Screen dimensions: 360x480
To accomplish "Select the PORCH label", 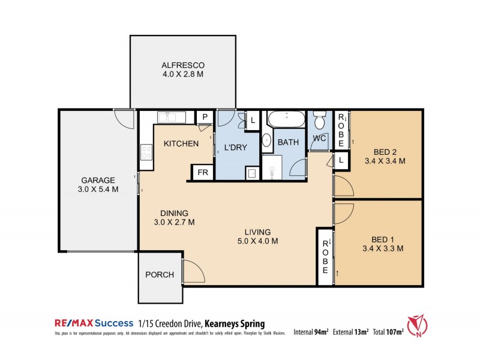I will coord(160,275).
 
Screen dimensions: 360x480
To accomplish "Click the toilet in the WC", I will coord(320,121).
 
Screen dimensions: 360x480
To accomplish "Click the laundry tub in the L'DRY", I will coord(252,173).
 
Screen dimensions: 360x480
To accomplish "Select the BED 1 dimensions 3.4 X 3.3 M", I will coord(382,248).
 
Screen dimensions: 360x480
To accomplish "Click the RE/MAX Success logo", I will coord(94,323).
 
